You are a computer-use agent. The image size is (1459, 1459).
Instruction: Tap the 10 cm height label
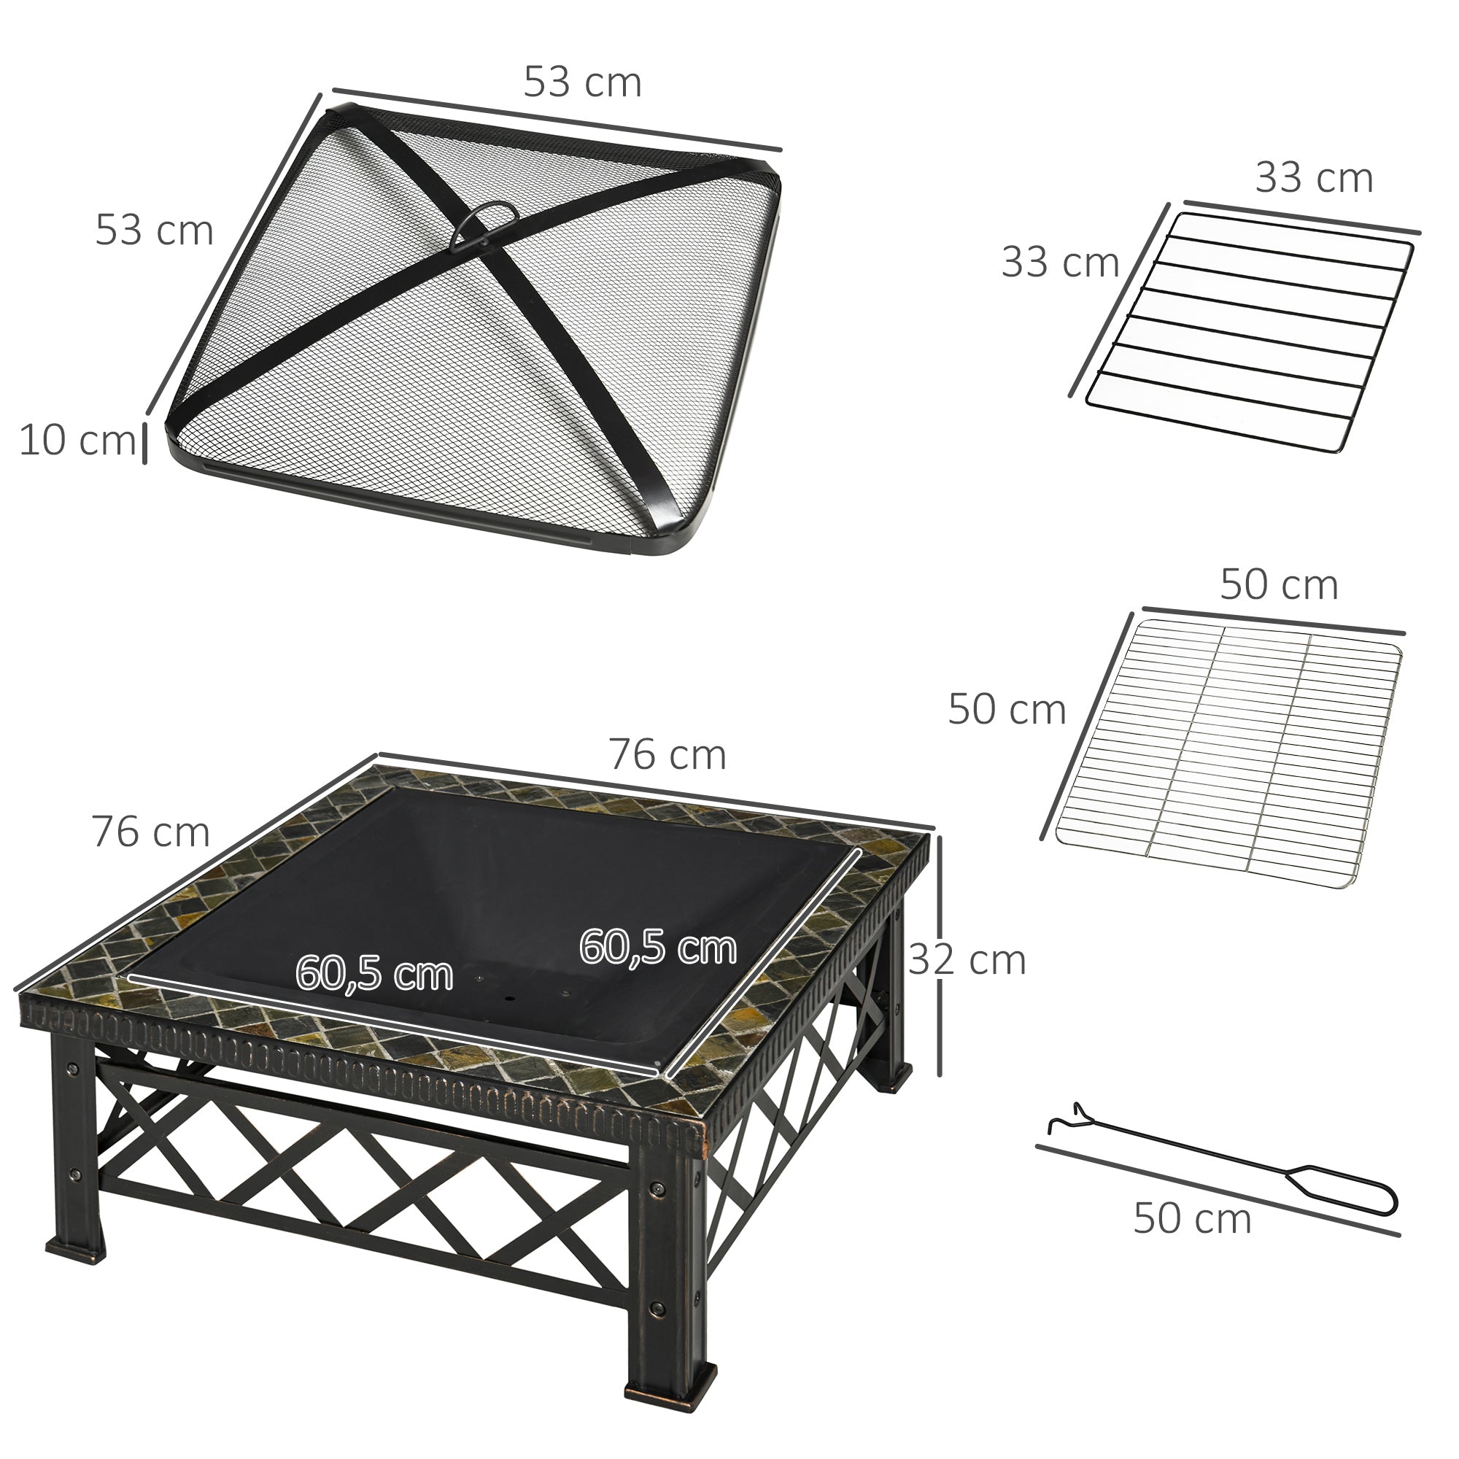pos(77,441)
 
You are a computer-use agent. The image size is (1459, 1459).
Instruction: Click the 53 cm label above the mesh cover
pos(582,82)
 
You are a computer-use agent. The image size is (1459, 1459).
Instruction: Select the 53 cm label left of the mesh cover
pos(154,231)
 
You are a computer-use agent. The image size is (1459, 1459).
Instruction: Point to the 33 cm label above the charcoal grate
pos(1313,179)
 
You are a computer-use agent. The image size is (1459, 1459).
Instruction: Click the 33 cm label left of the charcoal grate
pos(1059,263)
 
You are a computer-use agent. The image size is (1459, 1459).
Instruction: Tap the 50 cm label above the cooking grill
pos(1279,585)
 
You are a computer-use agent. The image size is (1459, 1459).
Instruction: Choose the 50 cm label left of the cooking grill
pos(1007,710)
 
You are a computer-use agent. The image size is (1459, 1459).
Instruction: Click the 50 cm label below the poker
pos(1192,1219)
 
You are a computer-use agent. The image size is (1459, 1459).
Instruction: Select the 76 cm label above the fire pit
pos(667,755)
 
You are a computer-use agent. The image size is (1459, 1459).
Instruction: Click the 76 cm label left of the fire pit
pos(150,832)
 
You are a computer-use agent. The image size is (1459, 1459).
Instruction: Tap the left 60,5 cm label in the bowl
pos(374,973)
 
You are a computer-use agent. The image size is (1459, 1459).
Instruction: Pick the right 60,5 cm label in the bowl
pos(658,948)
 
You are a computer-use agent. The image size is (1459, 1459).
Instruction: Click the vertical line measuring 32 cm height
pos(939,956)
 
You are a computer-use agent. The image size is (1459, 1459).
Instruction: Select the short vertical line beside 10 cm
pos(144,444)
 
